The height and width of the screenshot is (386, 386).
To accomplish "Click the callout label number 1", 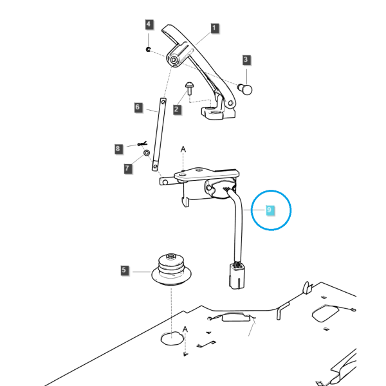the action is click(214, 28).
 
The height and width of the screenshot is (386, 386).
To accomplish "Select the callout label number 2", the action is click(176, 109).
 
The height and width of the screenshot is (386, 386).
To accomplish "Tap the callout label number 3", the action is click(246, 60).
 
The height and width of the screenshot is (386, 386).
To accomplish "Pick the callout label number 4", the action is click(149, 24).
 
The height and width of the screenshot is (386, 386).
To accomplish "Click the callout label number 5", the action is click(124, 270).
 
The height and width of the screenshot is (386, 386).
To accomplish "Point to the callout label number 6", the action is click(138, 107).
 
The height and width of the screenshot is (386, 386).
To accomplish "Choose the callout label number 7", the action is click(127, 169).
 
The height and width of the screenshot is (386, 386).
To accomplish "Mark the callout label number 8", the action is click(118, 149).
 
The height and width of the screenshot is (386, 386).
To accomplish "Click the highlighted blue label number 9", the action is click(270, 210).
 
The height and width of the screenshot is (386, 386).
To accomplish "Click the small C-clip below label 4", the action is click(148, 50).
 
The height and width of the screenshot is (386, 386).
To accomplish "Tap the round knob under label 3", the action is click(245, 89).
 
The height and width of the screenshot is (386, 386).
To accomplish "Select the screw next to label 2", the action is click(189, 88).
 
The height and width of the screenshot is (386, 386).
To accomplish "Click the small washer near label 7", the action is click(147, 153).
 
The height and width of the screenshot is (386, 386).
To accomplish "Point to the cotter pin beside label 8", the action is click(142, 143).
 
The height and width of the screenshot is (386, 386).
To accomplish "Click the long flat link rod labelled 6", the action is click(159, 134).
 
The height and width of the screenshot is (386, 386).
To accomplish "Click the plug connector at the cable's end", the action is click(237, 275).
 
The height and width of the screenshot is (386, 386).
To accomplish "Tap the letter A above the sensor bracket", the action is click(183, 149).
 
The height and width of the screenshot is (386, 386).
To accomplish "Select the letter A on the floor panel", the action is click(185, 329).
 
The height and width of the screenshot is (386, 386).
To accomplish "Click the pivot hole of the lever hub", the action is click(174, 60).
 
